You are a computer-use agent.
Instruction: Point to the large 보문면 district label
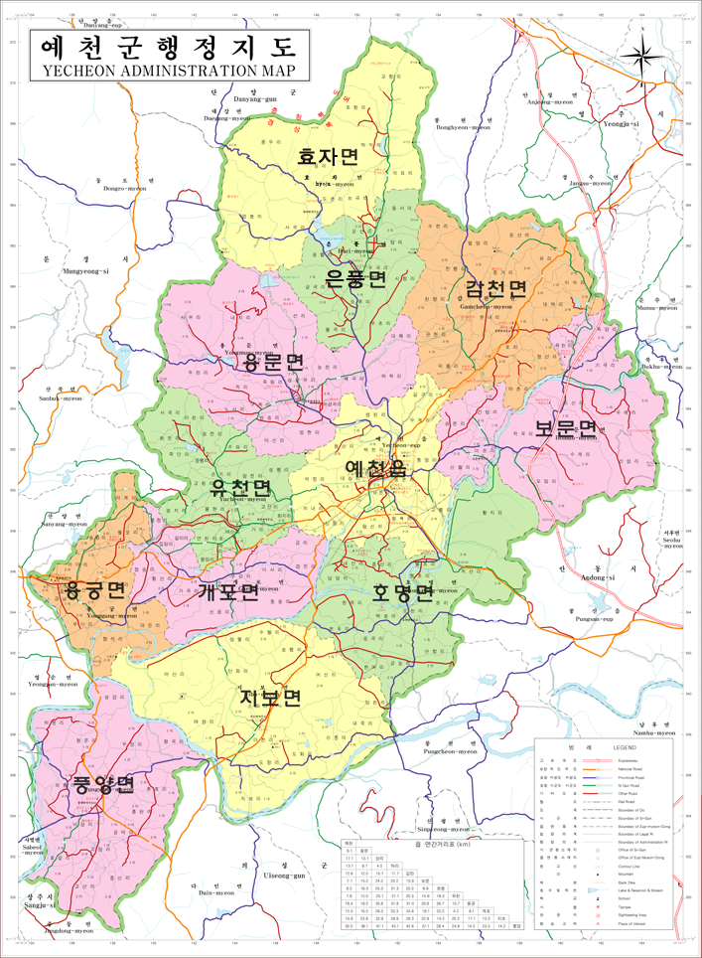click(567, 428)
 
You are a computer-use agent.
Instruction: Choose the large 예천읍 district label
click(375, 468)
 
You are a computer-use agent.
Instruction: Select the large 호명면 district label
click(402, 593)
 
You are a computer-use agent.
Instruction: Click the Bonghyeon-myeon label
click(464, 128)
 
